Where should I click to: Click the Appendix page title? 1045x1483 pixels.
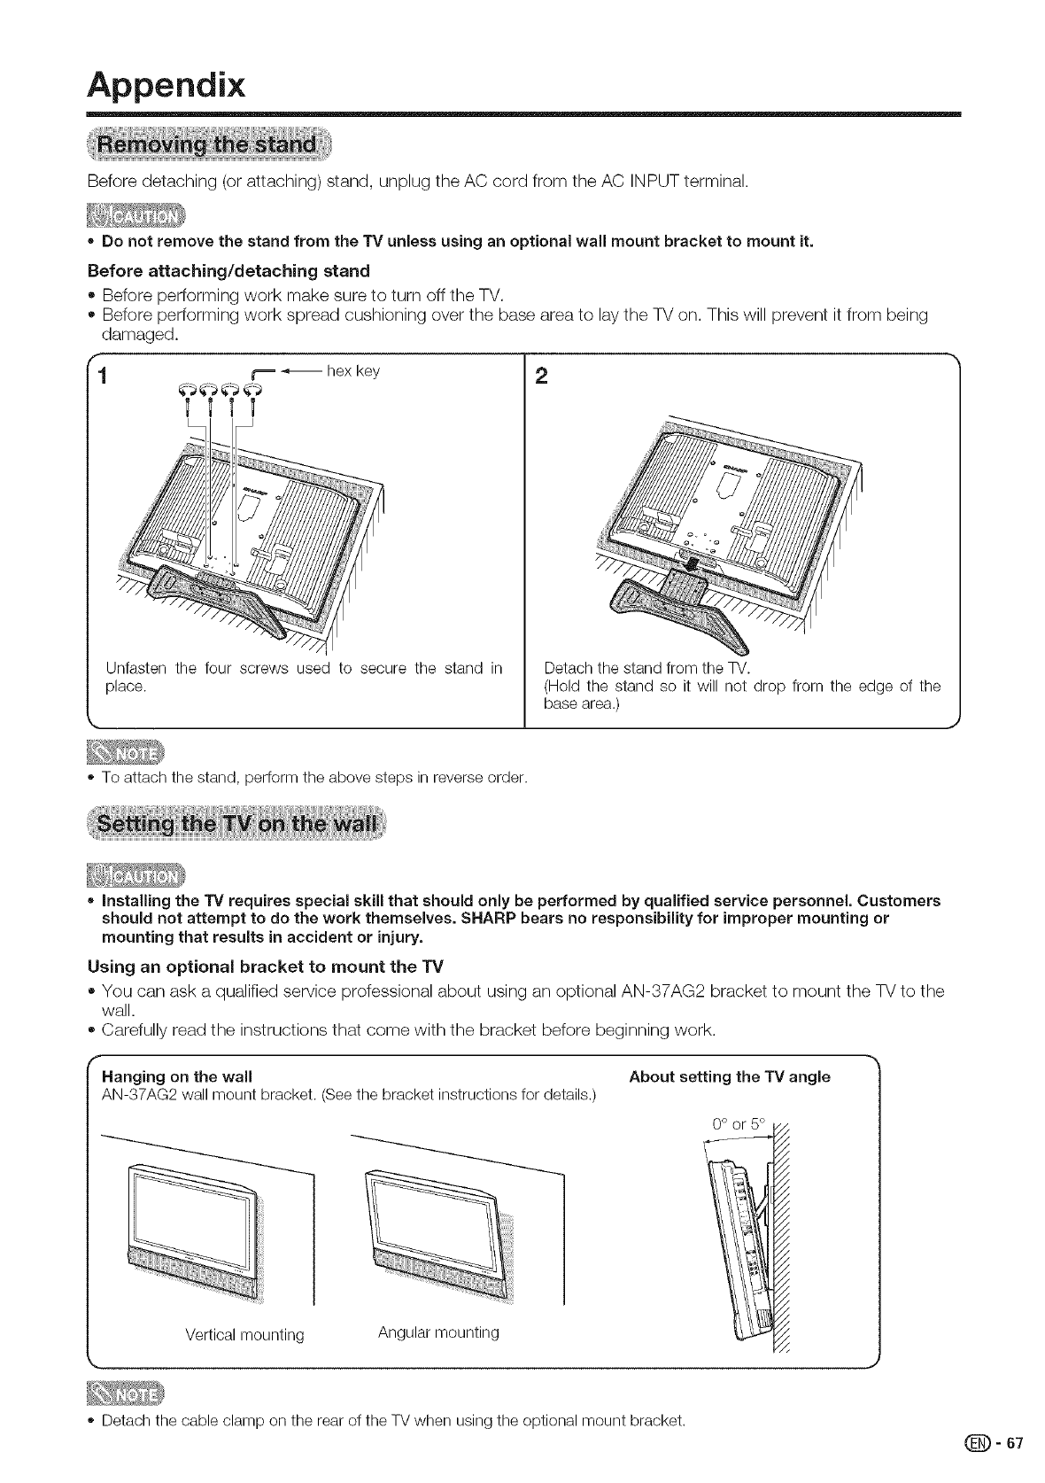pos(166,86)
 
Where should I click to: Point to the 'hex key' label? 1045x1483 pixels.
pos(353,371)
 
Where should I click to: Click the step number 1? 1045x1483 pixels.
pos(104,376)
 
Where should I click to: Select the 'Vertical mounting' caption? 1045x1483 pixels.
pos(244,1334)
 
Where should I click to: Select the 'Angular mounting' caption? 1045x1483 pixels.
pos(438,1332)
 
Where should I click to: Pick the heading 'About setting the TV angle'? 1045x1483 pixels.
pos(729,1077)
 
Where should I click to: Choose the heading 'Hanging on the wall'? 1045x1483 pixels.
pos(177,1077)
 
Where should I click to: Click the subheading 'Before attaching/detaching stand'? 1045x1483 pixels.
pos(228,270)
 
